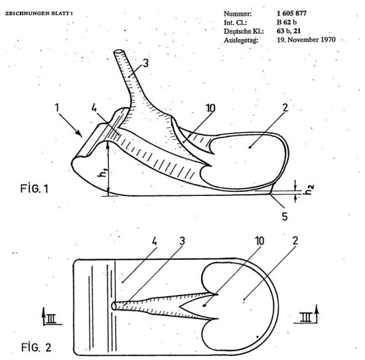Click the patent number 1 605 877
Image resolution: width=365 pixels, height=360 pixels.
point(291,13)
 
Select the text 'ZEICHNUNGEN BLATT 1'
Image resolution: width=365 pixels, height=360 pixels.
point(39,13)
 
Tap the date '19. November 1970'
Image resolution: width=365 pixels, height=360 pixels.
point(306,40)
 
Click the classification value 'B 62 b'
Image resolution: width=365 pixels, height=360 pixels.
point(287,22)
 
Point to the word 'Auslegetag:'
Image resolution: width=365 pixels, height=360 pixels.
point(241,40)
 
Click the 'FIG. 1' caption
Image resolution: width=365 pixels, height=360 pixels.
point(35,189)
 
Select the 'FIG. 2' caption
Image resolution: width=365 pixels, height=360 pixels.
point(36,347)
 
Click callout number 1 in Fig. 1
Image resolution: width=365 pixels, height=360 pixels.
point(57,108)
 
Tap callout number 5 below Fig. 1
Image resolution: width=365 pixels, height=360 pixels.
point(285,217)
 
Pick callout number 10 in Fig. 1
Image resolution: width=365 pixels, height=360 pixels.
point(211,108)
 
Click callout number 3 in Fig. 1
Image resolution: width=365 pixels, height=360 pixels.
point(146,63)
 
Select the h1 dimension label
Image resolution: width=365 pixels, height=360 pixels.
point(103,172)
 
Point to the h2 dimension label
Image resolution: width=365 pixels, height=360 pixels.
point(310,190)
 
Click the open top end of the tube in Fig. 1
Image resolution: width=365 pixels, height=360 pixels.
point(119,52)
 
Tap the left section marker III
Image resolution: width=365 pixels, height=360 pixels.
point(51,318)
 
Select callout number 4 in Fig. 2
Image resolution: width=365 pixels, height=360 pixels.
point(155,242)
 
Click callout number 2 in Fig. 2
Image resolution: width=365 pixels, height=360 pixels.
point(295,240)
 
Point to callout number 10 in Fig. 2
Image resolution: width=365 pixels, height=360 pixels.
point(259,241)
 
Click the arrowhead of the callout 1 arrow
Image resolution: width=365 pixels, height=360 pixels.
point(80,134)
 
